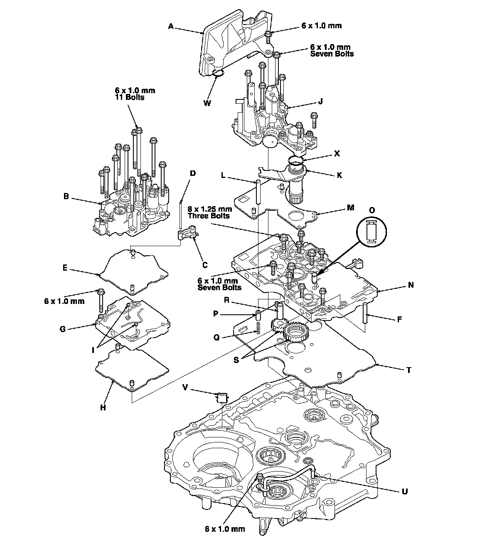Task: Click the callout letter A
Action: pyautogui.click(x=170, y=26)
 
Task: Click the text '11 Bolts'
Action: pyautogui.click(x=129, y=97)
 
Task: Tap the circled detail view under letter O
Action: pyautogui.click(x=371, y=232)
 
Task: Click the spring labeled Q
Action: pyautogui.click(x=258, y=328)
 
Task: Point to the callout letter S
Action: pyautogui.click(x=236, y=360)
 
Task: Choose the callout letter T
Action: pyautogui.click(x=409, y=370)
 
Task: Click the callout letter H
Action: pyautogui.click(x=103, y=408)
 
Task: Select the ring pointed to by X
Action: pyautogui.click(x=296, y=160)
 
